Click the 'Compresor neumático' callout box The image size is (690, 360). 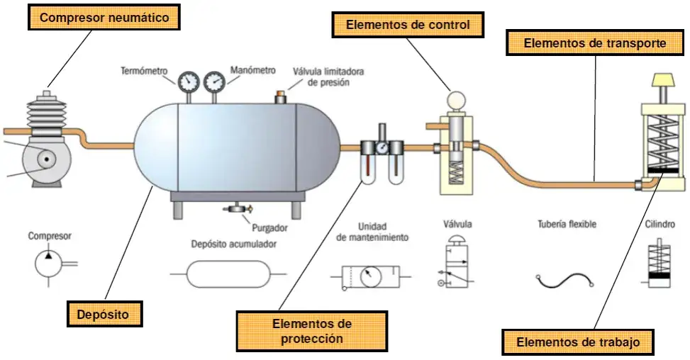point(104,18)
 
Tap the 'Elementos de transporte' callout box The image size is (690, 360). point(594,43)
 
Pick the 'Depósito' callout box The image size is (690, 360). point(103,313)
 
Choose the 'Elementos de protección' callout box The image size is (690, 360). point(311,331)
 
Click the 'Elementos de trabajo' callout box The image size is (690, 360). point(578,342)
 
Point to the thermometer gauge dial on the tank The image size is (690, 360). point(189,82)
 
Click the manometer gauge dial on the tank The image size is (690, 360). point(213,82)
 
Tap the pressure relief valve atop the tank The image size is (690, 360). point(281,96)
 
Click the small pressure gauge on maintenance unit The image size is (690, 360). point(382,149)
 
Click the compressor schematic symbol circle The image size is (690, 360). point(50,264)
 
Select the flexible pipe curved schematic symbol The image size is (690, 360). point(564,280)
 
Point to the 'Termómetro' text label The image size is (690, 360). point(144,71)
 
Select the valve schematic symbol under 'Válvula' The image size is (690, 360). point(455,267)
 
